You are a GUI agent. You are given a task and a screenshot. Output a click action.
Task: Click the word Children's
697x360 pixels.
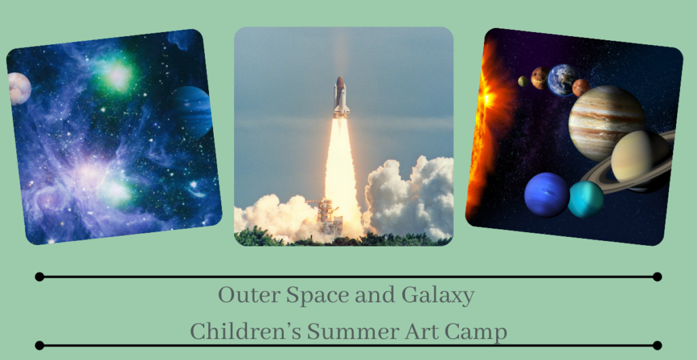click(x=245, y=332)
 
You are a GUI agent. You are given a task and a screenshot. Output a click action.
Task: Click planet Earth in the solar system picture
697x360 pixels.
click(x=563, y=80)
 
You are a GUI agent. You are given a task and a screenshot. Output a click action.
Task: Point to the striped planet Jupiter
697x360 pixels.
click(x=606, y=123)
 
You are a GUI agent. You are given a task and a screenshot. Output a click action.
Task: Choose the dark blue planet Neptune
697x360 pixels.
click(x=547, y=195)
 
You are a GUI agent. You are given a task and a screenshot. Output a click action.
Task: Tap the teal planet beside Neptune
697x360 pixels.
click(x=585, y=199)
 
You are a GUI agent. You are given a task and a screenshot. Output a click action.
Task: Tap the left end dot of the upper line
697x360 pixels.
click(x=39, y=276)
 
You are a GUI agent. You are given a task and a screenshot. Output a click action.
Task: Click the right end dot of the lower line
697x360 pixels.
click(x=657, y=345)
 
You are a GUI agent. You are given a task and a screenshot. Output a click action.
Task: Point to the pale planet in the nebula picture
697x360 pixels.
click(x=19, y=88)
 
